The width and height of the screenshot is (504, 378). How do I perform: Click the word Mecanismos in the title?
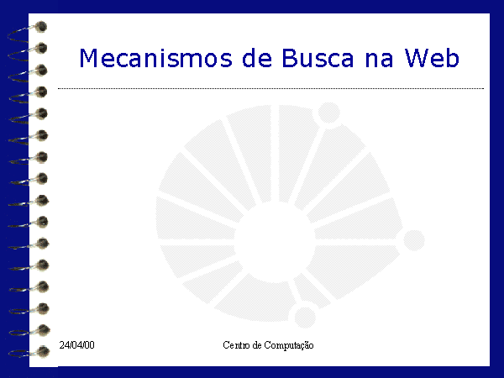point(155,58)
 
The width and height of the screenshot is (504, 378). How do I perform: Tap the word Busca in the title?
point(318,58)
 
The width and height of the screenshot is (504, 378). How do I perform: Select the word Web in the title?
point(432,58)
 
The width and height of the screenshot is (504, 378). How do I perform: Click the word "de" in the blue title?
point(257,58)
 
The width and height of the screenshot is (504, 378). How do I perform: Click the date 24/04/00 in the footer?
point(76,345)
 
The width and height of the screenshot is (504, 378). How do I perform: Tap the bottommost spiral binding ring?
point(29,352)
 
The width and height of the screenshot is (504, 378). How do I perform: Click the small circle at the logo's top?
point(328,113)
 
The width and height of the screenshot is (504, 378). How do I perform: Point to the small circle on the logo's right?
point(414,240)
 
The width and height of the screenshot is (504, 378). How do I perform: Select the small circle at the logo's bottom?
point(305,318)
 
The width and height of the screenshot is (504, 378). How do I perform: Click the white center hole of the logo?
point(276,242)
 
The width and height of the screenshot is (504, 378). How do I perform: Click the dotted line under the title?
point(270,88)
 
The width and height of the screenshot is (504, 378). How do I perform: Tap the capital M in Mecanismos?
point(88,58)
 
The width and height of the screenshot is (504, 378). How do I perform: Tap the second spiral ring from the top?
point(28,53)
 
